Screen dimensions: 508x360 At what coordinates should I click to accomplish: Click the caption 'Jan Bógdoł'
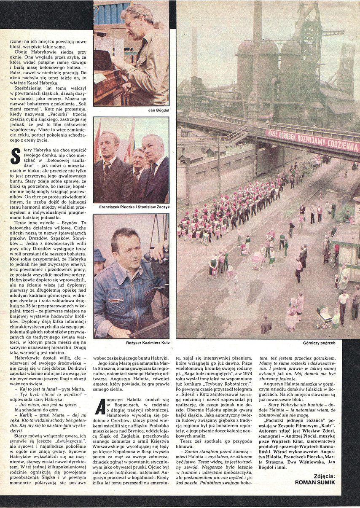(x=158, y=110)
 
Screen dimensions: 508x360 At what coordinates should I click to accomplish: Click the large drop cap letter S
(x=15, y=156)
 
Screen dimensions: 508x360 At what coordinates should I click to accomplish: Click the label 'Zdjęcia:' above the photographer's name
(x=324, y=476)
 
